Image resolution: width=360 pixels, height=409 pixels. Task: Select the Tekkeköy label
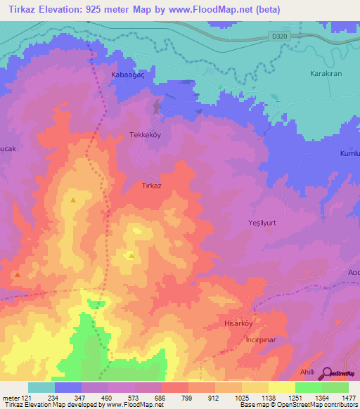coord(146,134)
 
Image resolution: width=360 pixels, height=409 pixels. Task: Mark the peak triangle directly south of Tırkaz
coord(131,255)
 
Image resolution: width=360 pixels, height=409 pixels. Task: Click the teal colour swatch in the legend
coord(41,387)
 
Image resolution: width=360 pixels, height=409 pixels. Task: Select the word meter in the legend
coord(10,398)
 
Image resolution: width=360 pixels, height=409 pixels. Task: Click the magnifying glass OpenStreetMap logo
coord(327,374)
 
